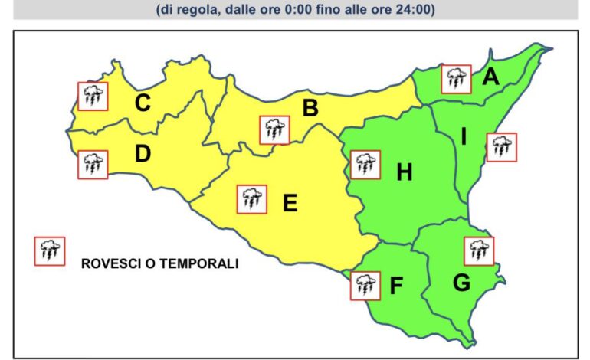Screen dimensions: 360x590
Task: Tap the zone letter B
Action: pyautogui.click(x=310, y=108)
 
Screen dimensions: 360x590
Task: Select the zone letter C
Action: pyautogui.click(x=143, y=103)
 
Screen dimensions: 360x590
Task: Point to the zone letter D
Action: pyautogui.click(x=143, y=154)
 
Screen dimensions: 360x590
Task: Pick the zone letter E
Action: pyautogui.click(x=290, y=204)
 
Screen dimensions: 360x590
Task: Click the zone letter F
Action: pyautogui.click(x=396, y=286)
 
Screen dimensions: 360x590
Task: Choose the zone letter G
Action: pyautogui.click(x=461, y=283)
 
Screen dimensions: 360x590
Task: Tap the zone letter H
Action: pyautogui.click(x=405, y=173)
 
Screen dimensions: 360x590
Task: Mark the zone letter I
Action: pyautogui.click(x=464, y=137)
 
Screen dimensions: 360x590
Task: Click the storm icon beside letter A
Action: pyautogui.click(x=457, y=79)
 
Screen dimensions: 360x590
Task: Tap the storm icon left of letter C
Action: pyautogui.click(x=93, y=97)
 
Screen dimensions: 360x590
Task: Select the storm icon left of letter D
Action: pyautogui.click(x=93, y=164)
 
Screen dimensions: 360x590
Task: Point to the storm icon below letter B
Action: pyautogui.click(x=274, y=130)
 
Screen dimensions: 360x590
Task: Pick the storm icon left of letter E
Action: pyautogui.click(x=251, y=199)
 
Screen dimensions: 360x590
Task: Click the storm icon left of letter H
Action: pyautogui.click(x=365, y=164)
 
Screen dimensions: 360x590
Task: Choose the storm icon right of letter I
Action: pyautogui.click(x=502, y=147)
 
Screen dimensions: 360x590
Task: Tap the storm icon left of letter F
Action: pyautogui.click(x=365, y=286)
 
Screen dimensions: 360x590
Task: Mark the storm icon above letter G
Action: pyautogui.click(x=479, y=250)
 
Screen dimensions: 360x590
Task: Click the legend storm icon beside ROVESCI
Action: pyautogui.click(x=50, y=250)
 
